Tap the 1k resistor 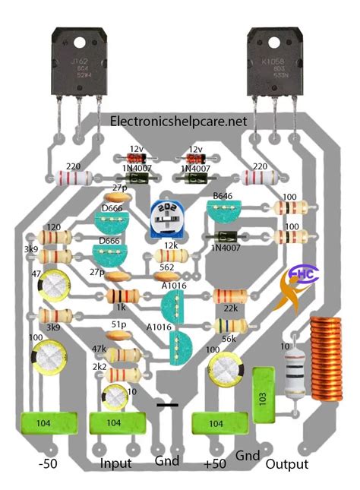[x=121, y=297]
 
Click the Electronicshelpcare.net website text [x=179, y=121]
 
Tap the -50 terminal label [x=49, y=463]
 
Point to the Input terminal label [x=115, y=463]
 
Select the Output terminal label [x=286, y=463]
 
